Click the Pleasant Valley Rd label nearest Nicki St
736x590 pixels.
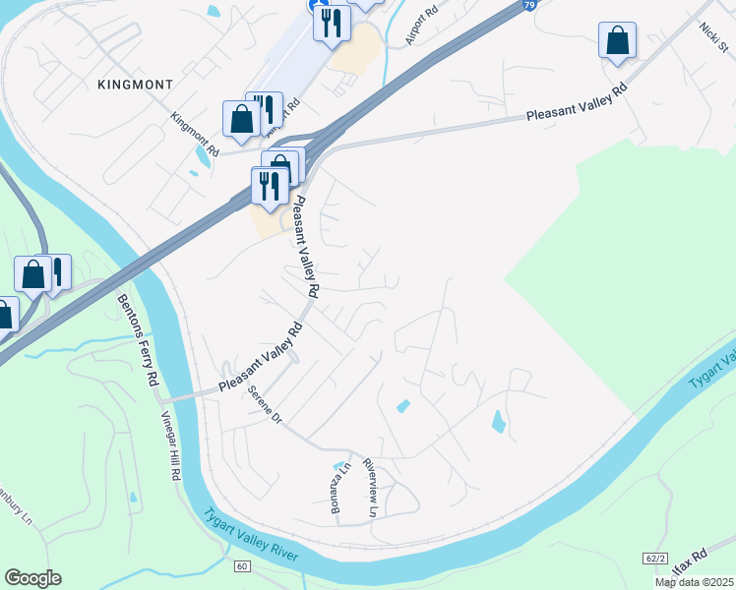pos(576,101)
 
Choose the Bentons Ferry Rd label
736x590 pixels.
pos(139,339)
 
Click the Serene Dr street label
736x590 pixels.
pos(265,404)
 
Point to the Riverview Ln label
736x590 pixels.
pos(370,487)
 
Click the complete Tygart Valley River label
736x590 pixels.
pos(252,535)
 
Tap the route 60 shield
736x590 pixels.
pos(241,566)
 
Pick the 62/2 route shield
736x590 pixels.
pos(655,559)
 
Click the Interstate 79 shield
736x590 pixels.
pos(528,6)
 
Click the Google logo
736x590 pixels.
pos(32,577)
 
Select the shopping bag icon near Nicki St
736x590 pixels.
pos(617,41)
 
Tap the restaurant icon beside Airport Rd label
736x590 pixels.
pos(332,21)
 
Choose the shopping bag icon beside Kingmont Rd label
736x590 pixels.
pos(241,119)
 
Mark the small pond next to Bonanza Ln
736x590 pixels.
pos(341,465)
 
